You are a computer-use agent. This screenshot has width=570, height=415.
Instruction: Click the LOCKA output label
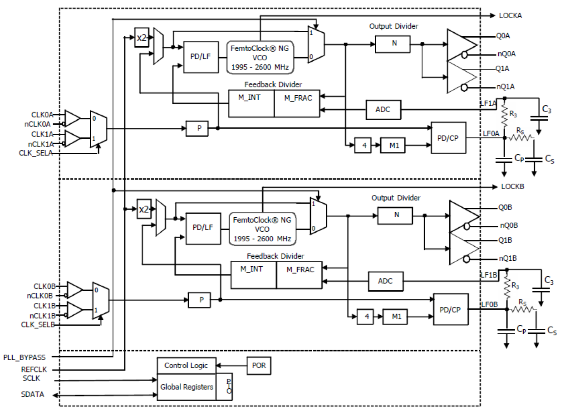click(x=511, y=15)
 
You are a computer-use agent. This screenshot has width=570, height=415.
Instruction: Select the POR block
click(x=259, y=366)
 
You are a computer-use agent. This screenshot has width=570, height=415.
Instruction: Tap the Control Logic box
click(x=186, y=366)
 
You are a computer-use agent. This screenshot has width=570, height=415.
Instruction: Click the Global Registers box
click(x=186, y=387)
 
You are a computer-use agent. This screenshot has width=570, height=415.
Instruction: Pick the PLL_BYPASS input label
click(x=24, y=357)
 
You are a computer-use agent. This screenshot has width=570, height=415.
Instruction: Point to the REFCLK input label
click(x=34, y=370)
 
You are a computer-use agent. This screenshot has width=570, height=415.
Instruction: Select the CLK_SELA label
click(x=36, y=153)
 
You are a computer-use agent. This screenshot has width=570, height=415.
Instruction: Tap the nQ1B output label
click(x=508, y=259)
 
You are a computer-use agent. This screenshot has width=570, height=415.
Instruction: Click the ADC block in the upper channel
click(x=383, y=109)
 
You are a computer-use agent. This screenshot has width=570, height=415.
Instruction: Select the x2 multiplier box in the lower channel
click(x=143, y=210)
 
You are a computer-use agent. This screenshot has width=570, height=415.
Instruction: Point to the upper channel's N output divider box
click(x=393, y=44)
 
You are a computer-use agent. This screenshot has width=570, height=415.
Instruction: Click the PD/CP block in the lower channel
click(x=451, y=309)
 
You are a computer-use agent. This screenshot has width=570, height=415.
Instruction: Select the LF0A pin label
click(x=491, y=133)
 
